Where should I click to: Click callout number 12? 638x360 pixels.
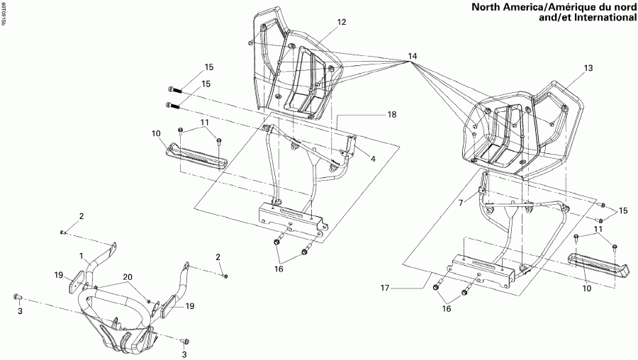coord(342,23)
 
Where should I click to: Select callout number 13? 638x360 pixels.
coord(587,68)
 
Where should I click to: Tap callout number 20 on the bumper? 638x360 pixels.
coord(128,276)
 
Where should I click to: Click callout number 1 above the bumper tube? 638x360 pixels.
coord(81,256)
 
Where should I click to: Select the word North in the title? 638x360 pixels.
coord(467,7)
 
